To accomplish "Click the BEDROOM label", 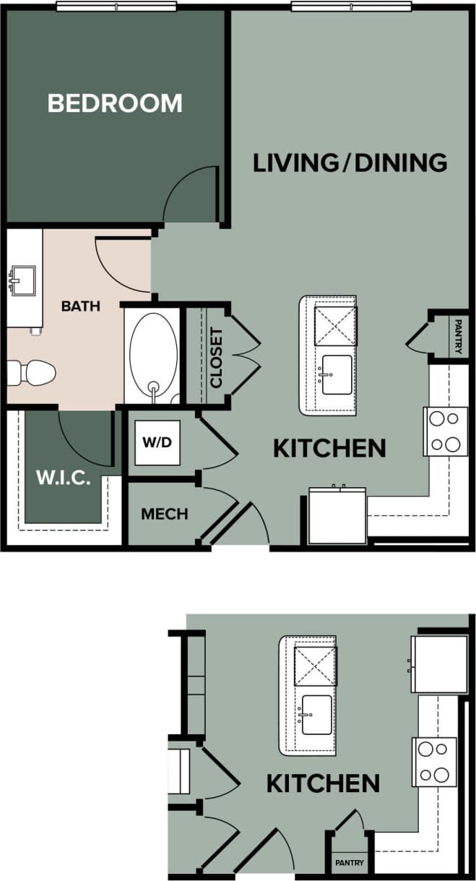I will pos(115,103).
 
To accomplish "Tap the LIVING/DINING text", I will pos(350,163).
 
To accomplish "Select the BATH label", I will pos(81,306).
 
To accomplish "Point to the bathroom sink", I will pos(22,279).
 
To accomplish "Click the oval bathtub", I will pos(153,355).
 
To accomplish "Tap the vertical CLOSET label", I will pos(216,357).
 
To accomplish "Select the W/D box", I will pos(157,442).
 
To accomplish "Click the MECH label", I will pos(165,514).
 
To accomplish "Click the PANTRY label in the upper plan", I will pos(459,337).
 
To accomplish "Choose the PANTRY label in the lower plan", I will pos(350,863).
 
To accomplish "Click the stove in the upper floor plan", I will pos(445,431).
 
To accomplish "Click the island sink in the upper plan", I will pos(337,374).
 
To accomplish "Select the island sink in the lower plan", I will pos(316,714).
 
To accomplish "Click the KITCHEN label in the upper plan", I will pos(329,448).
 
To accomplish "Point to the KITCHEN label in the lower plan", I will pos(323,783).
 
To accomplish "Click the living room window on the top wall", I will pos(352,7).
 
